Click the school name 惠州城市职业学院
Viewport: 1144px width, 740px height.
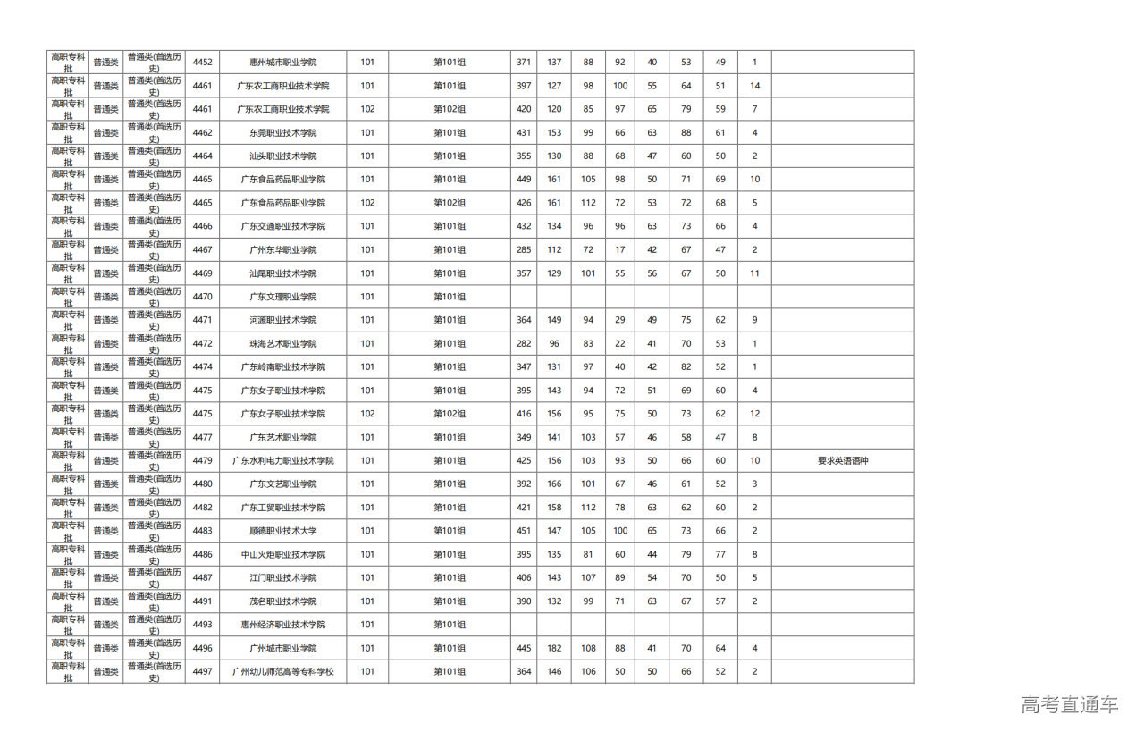pos(282,63)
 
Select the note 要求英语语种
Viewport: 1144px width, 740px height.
pos(842,461)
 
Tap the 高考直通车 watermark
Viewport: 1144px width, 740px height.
pos(1069,704)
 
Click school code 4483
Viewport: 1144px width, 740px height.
pos(203,531)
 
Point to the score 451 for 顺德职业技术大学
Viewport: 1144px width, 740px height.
pos(524,531)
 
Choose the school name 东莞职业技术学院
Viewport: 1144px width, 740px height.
pos(282,133)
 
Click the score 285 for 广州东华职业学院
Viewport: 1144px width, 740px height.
pos(524,250)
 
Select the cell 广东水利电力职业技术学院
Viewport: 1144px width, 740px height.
pos(282,461)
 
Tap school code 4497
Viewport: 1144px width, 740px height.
pos(203,671)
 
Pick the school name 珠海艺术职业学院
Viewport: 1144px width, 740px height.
pos(282,344)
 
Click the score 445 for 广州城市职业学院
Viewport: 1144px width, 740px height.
pos(524,648)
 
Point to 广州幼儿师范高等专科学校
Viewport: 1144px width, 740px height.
pos(282,671)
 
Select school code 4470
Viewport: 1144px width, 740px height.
pos(203,297)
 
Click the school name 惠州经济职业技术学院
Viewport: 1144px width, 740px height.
pos(282,625)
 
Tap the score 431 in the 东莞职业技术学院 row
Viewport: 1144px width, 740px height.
pos(524,133)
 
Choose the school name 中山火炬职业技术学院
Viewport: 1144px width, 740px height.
pos(282,555)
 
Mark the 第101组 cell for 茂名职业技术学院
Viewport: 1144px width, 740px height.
pos(450,601)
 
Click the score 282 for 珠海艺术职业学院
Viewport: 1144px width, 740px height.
pos(524,344)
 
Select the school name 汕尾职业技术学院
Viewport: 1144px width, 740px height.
pos(282,273)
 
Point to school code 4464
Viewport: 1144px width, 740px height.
pos(203,156)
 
